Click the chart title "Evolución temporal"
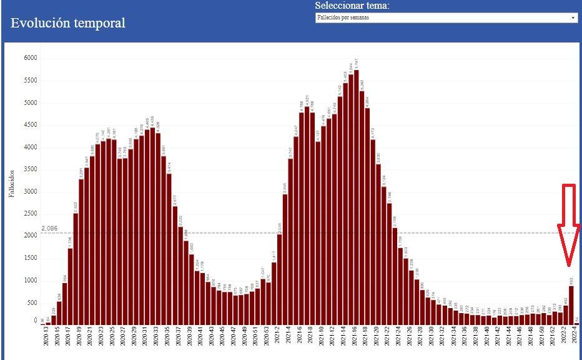tap(68, 23)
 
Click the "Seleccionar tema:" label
tap(352, 6)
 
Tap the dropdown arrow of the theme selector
tap(573, 18)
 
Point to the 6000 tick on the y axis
tap(31, 58)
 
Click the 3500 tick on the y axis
tap(31, 169)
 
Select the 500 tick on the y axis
tap(31, 302)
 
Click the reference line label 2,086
tap(49, 229)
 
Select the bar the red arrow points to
tap(571, 305)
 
